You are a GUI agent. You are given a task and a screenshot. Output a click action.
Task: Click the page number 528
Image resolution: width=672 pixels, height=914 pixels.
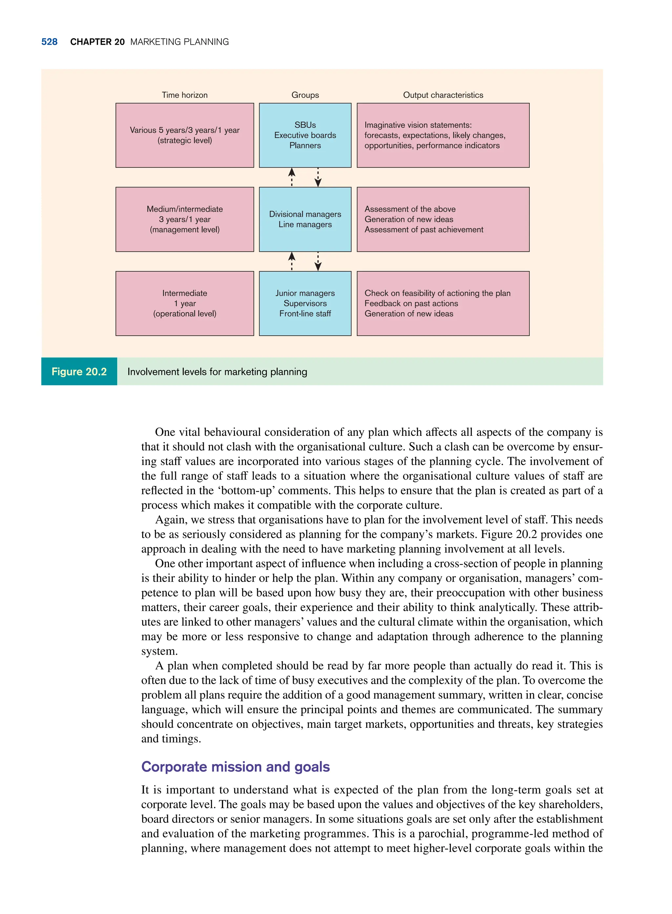(49, 42)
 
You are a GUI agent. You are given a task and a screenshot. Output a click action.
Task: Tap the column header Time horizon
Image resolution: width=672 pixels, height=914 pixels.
(184, 95)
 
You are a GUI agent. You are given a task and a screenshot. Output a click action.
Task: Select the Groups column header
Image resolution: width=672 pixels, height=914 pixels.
(305, 95)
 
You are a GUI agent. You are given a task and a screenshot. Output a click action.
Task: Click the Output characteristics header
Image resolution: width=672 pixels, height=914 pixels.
(443, 95)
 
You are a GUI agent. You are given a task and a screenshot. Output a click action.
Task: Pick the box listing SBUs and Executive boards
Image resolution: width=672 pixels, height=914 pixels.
(305, 135)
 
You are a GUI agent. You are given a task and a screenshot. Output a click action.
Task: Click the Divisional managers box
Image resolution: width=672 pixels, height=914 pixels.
(305, 219)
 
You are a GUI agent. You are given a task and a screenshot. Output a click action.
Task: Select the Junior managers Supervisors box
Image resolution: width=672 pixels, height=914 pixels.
(305, 303)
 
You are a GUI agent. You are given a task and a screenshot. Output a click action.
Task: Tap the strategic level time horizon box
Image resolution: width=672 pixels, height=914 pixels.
(184, 135)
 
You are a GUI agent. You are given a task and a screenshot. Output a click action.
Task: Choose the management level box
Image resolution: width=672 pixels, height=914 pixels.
(184, 219)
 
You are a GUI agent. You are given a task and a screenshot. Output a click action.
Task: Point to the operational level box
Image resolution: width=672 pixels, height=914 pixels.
(184, 303)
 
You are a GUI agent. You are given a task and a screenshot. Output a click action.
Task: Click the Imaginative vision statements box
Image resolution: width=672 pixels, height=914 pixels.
(443, 135)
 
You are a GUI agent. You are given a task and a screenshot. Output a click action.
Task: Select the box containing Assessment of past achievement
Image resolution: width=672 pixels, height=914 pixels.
(443, 219)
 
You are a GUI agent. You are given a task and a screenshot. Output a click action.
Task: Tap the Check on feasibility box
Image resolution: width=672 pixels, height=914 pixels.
(443, 303)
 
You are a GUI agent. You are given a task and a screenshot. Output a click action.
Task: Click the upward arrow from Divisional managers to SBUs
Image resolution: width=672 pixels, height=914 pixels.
(292, 177)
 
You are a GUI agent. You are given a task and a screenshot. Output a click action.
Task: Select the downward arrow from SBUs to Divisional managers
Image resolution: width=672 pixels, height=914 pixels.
(318, 177)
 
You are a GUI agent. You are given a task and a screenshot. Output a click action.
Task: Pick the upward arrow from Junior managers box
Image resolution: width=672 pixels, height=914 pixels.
(292, 261)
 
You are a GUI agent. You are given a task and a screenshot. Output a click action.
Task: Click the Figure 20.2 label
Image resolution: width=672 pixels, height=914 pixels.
(79, 371)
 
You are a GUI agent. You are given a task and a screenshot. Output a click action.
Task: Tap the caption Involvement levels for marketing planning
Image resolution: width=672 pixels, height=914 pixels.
(217, 372)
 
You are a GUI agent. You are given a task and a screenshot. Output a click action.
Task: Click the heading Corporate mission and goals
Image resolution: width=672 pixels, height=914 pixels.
(235, 767)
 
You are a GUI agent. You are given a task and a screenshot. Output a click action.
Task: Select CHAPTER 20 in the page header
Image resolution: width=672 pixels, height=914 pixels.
(97, 42)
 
